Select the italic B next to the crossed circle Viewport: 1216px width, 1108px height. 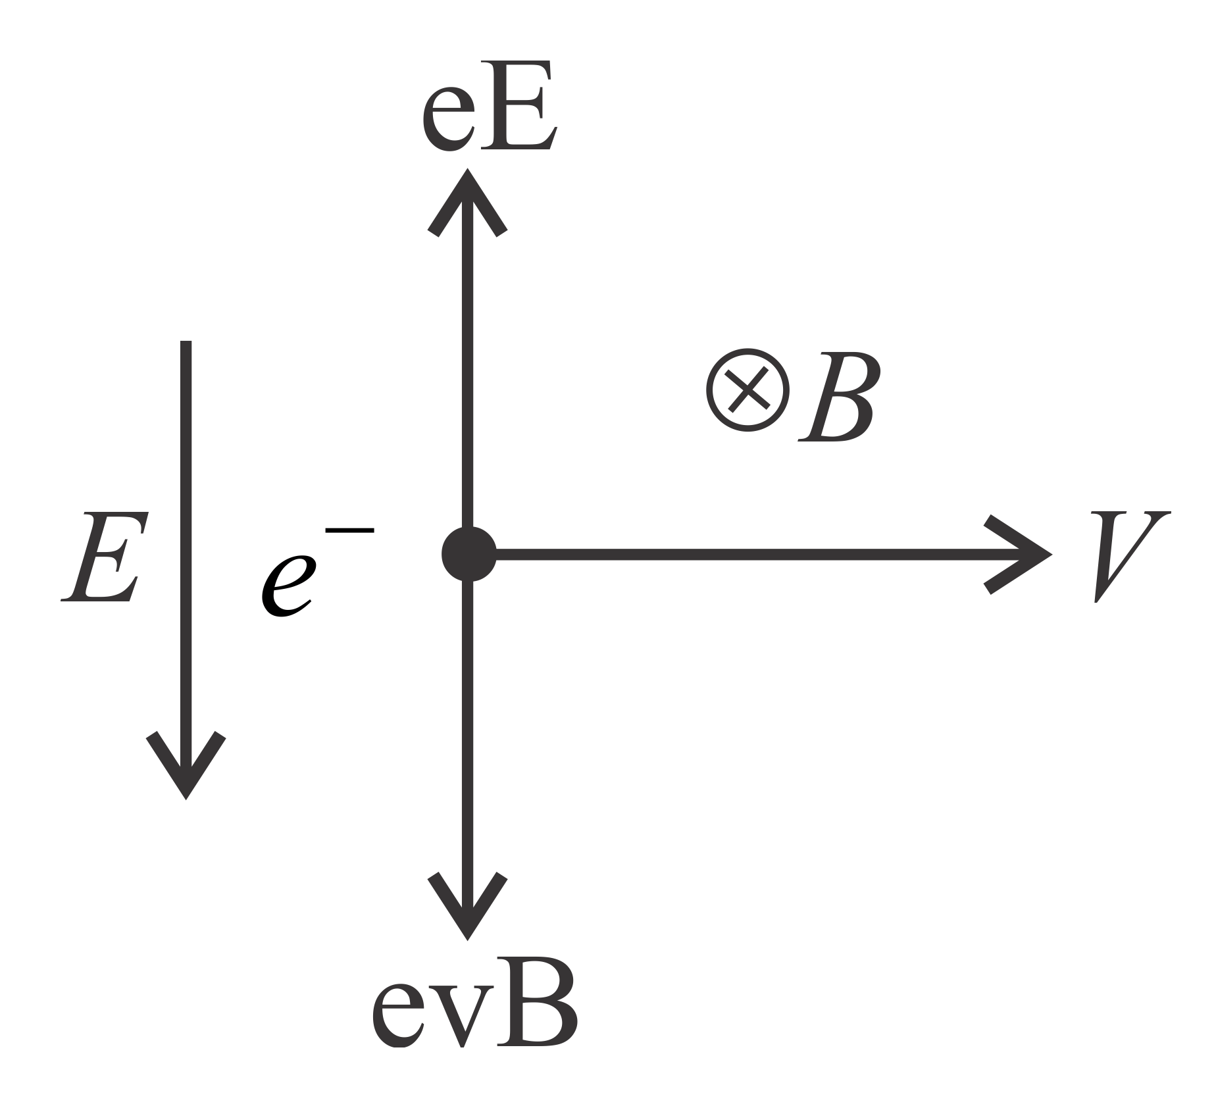pyautogui.click(x=837, y=398)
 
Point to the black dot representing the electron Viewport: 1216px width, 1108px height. pyautogui.click(x=469, y=554)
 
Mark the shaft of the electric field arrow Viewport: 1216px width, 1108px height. pyautogui.click(x=186, y=526)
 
